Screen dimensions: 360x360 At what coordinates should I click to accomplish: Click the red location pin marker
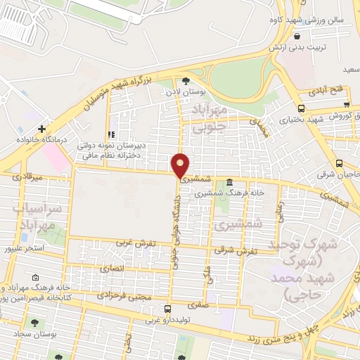(x=181, y=165)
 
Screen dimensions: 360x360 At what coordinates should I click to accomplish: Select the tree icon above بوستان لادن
(x=185, y=80)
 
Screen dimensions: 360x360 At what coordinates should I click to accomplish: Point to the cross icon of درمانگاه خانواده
(x=42, y=129)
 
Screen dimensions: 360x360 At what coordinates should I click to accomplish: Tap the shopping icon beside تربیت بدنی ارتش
(x=298, y=36)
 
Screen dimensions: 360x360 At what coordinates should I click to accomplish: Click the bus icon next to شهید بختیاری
(x=302, y=108)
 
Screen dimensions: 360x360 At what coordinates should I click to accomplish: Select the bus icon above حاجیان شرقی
(x=339, y=162)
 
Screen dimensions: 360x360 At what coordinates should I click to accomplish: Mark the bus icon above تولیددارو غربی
(x=167, y=309)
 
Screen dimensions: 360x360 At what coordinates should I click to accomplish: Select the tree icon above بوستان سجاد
(x=34, y=323)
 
